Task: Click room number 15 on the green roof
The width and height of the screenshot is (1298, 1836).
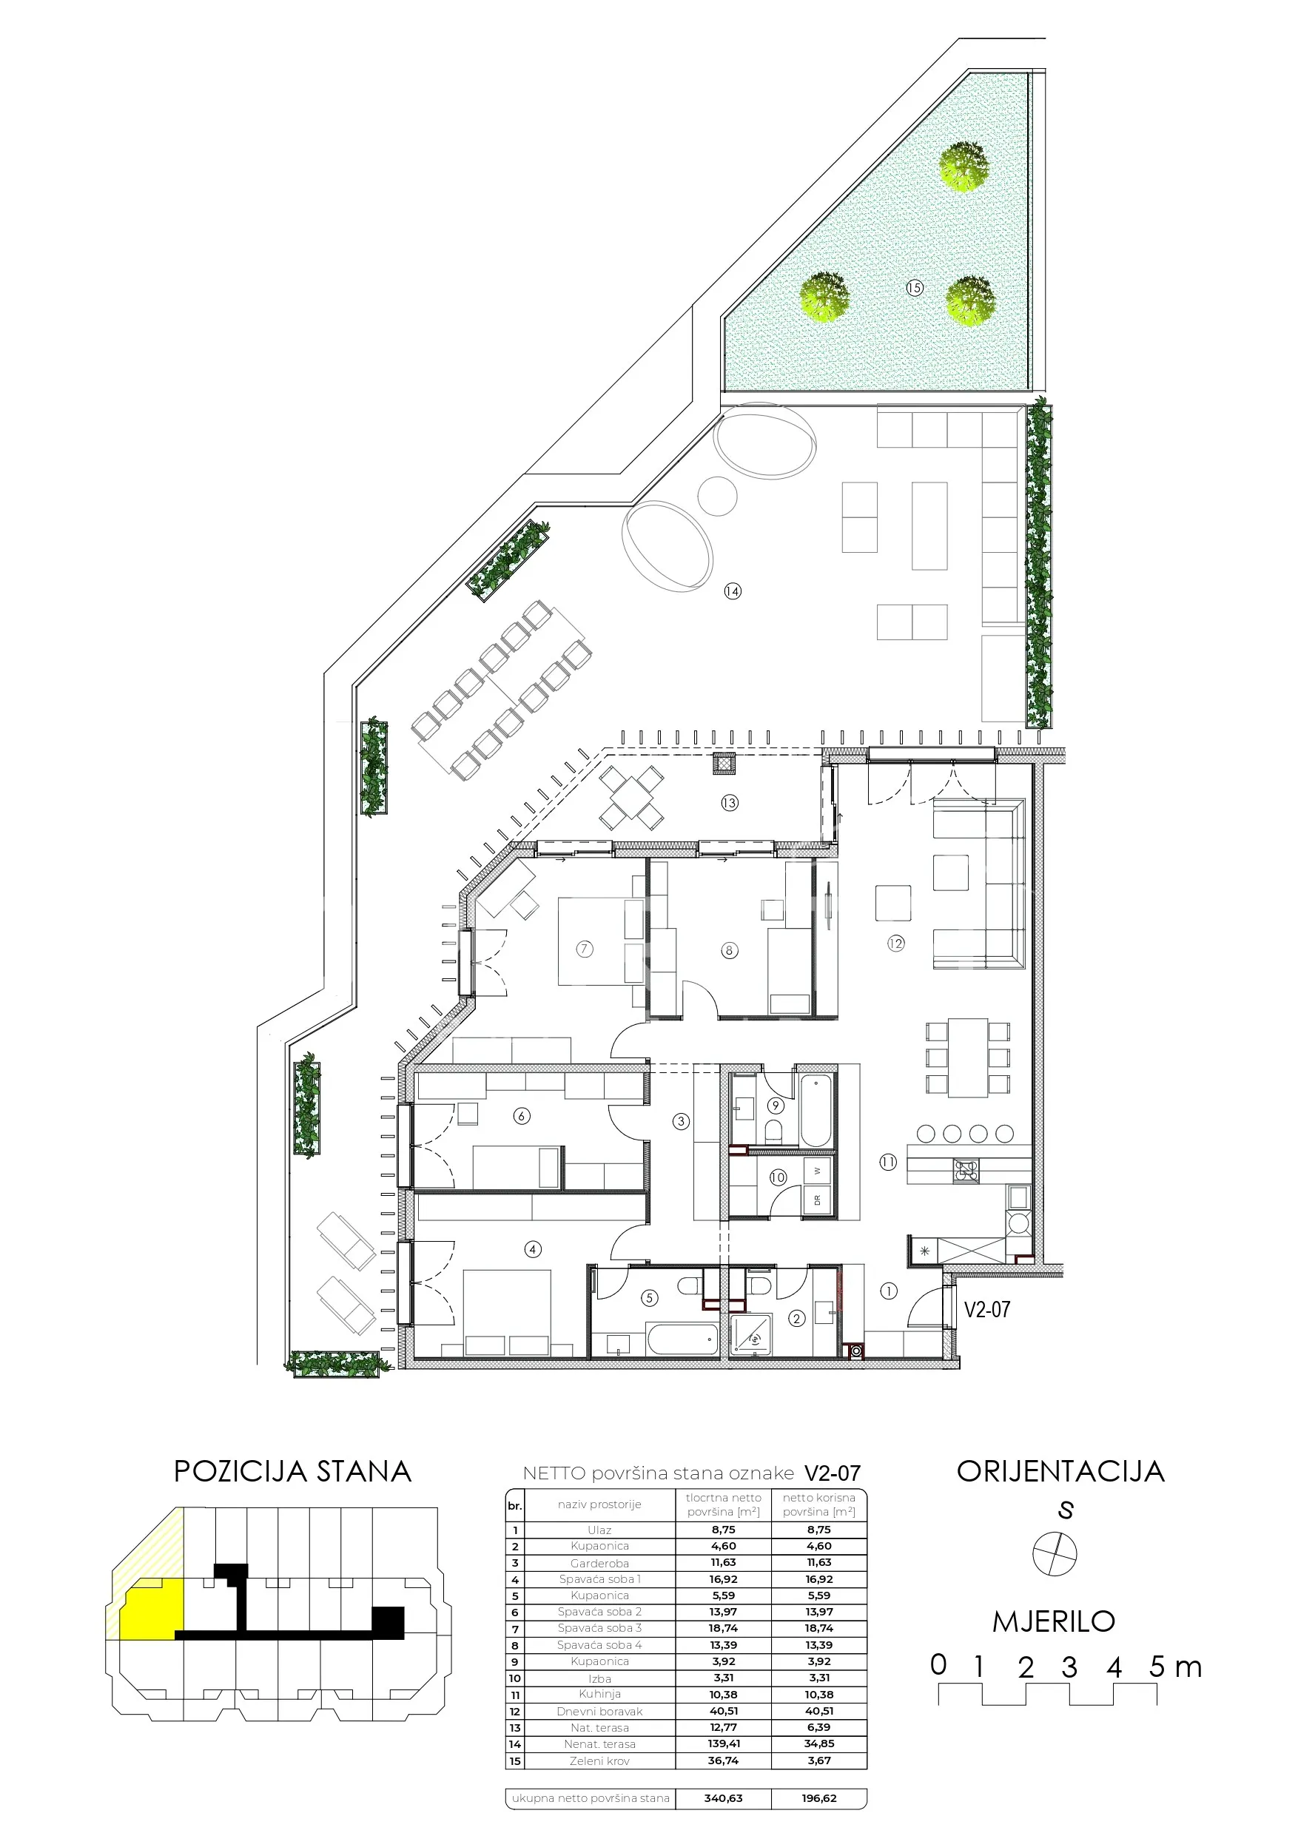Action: coord(914,287)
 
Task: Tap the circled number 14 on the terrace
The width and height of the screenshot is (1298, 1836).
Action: coord(732,591)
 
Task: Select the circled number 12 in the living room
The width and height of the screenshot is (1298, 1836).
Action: coord(895,944)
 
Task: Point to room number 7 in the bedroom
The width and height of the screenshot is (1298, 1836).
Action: coord(585,949)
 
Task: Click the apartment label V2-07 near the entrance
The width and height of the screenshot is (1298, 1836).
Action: coord(987,1309)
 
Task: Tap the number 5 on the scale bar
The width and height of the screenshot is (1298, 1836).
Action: coord(1157,1667)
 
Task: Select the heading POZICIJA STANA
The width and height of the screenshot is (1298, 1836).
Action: coord(293,1471)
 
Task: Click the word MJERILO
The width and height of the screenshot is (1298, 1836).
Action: coord(1053,1621)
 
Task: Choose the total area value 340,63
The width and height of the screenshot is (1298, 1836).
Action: coord(723,1798)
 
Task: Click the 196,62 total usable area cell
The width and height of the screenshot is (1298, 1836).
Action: coord(819,1798)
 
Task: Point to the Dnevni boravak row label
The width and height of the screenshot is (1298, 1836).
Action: coord(600,1711)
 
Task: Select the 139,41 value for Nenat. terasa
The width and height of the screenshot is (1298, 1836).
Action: coord(723,1744)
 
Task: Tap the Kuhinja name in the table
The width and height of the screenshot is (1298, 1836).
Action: coord(600,1694)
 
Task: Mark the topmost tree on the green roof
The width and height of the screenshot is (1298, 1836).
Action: coord(964,167)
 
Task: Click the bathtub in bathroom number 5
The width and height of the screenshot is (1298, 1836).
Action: coord(682,1340)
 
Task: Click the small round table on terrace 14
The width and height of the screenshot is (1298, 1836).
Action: coord(717,497)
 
